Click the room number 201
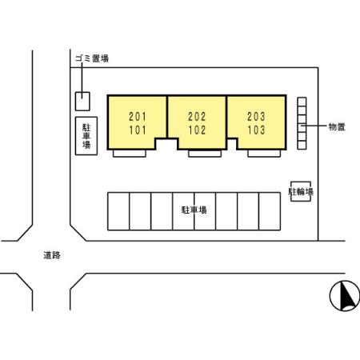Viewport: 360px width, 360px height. pyautogui.click(x=138, y=117)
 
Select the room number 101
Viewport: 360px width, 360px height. pyautogui.click(x=138, y=130)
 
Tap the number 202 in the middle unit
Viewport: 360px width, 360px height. pyautogui.click(x=197, y=117)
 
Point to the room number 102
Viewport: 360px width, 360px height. pyautogui.click(x=197, y=130)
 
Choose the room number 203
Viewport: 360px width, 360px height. pyautogui.click(x=256, y=117)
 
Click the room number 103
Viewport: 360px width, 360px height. pyautogui.click(x=256, y=130)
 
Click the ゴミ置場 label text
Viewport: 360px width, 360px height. pyautogui.click(x=92, y=58)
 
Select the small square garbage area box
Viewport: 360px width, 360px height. pyautogui.click(x=82, y=102)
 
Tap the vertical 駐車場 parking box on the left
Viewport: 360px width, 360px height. pyautogui.click(x=86, y=136)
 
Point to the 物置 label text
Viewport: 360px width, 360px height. pyautogui.click(x=337, y=127)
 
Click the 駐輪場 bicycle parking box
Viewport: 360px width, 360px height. pyautogui.click(x=301, y=191)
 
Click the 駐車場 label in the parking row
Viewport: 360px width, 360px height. pyautogui.click(x=194, y=210)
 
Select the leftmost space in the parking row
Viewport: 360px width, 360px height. pyautogui.click(x=118, y=211)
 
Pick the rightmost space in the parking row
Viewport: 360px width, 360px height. pyautogui.click(x=270, y=211)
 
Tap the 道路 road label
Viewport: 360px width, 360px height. pyautogui.click(x=52, y=255)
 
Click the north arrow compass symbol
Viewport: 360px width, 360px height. pyautogui.click(x=345, y=296)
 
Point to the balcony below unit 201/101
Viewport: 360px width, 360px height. pyautogui.click(x=130, y=154)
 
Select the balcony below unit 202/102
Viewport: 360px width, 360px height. pyautogui.click(x=205, y=154)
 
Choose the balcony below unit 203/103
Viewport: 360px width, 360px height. pyautogui.click(x=264, y=154)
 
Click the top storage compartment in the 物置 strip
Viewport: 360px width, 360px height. pyautogui.click(x=302, y=102)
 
